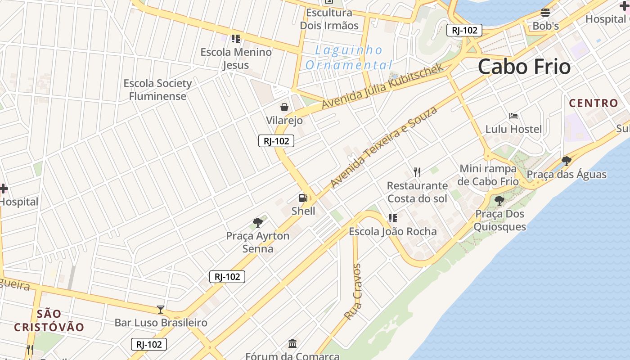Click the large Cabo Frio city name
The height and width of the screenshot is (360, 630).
524,67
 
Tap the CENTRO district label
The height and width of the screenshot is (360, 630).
594,103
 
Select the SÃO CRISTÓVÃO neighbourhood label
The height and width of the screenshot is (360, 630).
49,320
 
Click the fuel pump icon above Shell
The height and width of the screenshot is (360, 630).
303,198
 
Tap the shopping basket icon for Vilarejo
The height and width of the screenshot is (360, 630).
284,107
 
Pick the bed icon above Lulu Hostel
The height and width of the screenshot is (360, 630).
513,116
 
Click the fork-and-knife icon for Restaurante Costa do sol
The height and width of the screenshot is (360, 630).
417,172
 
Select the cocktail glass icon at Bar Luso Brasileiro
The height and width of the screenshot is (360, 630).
161,309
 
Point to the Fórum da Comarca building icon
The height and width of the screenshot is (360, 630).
292,343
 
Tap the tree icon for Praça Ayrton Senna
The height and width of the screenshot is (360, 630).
258,222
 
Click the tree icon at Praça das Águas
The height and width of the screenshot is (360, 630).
567,161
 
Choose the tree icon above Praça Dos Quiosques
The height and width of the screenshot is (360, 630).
499,200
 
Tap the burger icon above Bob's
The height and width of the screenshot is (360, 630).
545,13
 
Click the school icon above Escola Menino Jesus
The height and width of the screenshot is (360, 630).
236,39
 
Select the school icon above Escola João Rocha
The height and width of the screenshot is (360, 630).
393,218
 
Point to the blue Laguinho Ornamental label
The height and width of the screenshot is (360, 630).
349,58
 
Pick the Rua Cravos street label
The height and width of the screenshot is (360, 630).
353,292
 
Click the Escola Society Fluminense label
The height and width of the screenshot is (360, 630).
157,90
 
